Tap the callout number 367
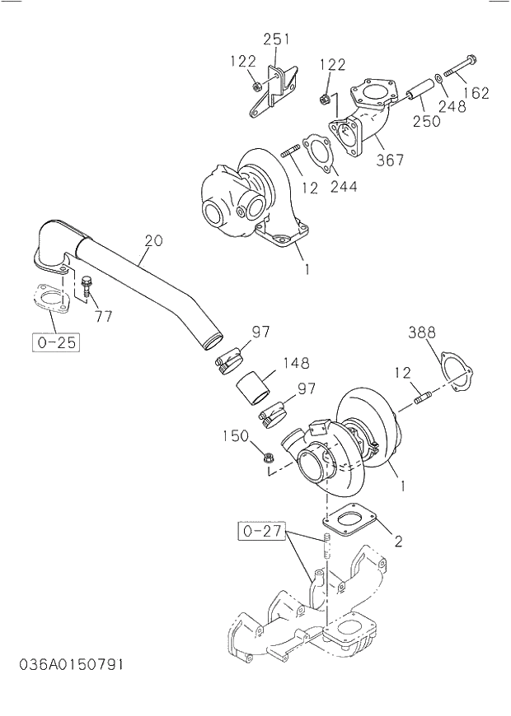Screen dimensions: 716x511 coord(390,160)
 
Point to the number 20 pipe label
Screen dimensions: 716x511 coord(154,241)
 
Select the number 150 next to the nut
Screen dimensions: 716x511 coord(236,435)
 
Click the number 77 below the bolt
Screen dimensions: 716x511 coord(102,316)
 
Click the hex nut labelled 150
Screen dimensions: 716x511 coord(268,456)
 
